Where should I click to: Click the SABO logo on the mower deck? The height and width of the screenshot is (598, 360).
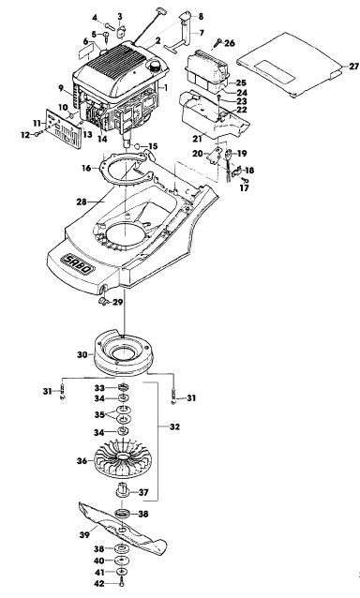(78, 264)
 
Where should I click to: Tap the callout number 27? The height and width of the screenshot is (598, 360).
(353, 67)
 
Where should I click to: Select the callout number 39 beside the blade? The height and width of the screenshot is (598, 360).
(84, 534)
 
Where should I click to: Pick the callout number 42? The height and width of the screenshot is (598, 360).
(99, 583)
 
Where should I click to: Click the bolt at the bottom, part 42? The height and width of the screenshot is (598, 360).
(122, 583)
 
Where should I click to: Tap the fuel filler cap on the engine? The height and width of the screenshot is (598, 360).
(156, 67)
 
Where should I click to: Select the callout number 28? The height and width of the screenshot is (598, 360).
(82, 202)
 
